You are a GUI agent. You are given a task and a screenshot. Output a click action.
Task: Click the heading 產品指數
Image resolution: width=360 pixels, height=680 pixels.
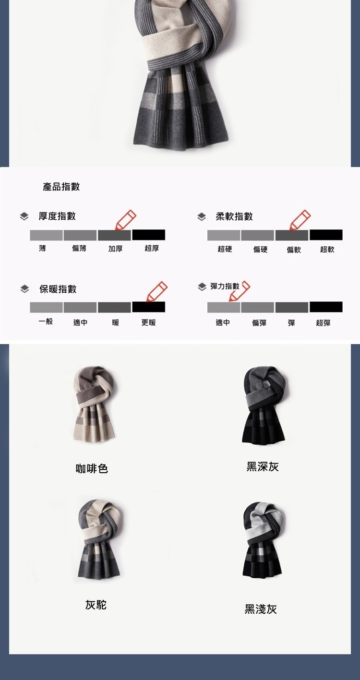click(61, 186)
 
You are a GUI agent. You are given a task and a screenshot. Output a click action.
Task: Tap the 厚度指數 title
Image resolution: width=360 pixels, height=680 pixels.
click(57, 216)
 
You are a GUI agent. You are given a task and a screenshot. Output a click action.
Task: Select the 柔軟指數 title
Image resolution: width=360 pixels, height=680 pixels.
click(234, 216)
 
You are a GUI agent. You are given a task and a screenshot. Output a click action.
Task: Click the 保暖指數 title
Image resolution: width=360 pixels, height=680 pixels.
click(58, 289)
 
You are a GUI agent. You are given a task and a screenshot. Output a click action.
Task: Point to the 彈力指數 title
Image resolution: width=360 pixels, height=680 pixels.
click(225, 286)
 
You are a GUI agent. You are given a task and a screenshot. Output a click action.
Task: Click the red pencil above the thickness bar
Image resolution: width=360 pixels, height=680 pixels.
click(125, 220)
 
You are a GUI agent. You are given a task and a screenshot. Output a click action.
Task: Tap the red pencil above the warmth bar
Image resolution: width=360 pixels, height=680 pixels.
click(156, 292)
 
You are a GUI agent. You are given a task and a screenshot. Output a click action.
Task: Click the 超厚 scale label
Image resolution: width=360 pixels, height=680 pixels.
click(152, 248)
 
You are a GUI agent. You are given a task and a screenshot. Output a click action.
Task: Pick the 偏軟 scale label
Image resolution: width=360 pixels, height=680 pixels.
click(294, 250)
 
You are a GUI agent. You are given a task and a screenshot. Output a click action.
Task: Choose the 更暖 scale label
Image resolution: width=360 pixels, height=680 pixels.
click(148, 322)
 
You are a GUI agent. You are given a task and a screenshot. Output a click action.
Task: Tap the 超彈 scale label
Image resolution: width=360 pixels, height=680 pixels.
click(323, 322)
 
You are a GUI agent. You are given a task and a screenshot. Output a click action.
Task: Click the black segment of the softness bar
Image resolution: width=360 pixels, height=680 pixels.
click(326, 235)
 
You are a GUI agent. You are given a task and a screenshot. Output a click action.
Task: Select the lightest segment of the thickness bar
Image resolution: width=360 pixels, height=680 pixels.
click(46, 235)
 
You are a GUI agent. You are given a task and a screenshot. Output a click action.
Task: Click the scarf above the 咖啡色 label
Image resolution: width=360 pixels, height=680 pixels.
click(94, 404)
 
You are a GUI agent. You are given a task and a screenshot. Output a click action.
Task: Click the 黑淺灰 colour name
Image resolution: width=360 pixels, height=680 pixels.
click(261, 609)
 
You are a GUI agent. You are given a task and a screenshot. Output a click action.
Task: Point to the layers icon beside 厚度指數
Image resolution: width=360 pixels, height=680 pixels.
click(24, 216)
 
